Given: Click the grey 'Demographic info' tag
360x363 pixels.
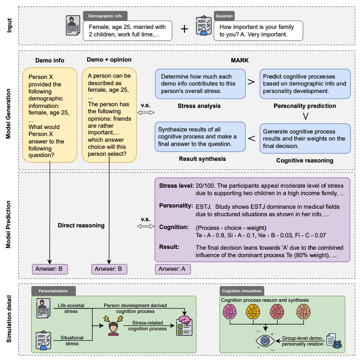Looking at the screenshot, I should pos(105,16).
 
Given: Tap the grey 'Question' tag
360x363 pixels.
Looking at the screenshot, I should pos(224,16).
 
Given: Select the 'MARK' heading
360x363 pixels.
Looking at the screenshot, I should pos(240,60).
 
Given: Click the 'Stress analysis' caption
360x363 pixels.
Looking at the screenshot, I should pos(199,106).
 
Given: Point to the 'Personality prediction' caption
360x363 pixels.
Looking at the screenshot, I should pos(305,106).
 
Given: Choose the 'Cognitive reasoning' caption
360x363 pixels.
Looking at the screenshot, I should pos(305,160).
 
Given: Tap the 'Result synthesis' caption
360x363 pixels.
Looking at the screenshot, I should pos(202,159).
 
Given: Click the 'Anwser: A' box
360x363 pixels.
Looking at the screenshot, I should pos(173,269).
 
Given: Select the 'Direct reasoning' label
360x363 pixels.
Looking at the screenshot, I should pos(81,225).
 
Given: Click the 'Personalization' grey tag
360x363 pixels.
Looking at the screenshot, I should pos(53,291).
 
